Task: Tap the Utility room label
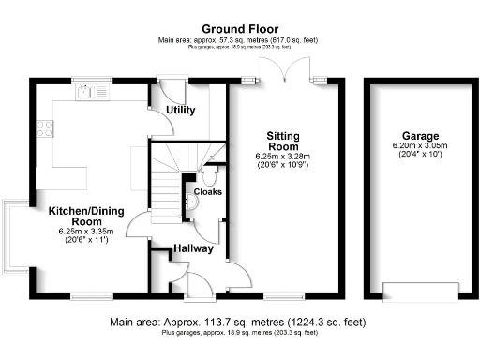pyautogui.click(x=180, y=111)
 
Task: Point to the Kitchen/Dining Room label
pyautogui.click(x=81, y=217)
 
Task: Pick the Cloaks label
pyautogui.click(x=207, y=192)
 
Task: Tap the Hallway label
pyautogui.click(x=193, y=248)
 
